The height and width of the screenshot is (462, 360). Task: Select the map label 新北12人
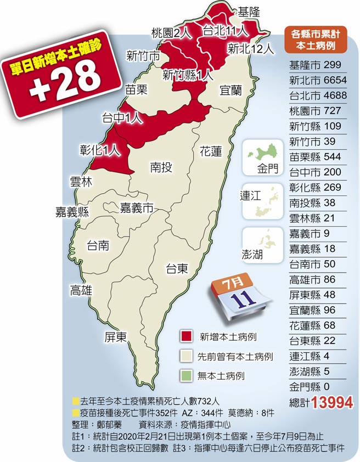tap(250, 49)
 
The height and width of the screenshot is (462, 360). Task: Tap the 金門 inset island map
tap(262, 156)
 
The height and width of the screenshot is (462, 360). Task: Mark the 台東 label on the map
tap(177, 268)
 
